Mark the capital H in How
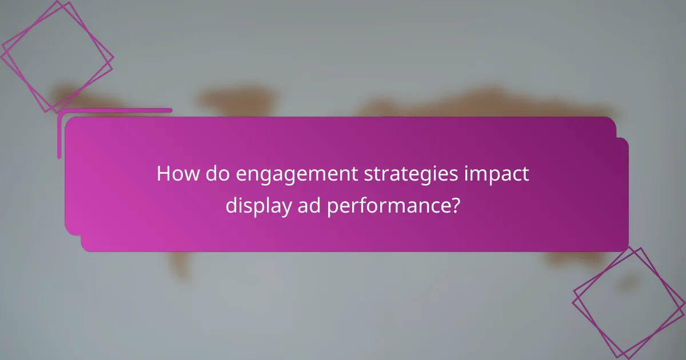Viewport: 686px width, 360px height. (x=163, y=174)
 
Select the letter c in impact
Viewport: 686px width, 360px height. (x=519, y=175)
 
